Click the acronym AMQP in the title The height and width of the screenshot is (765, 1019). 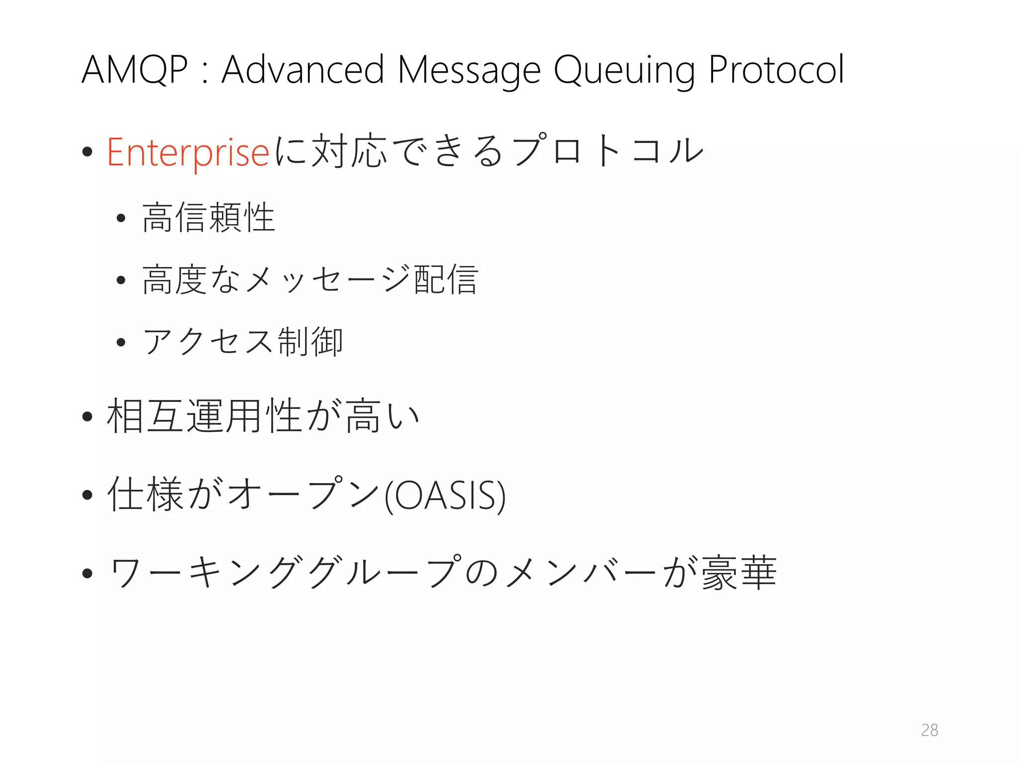[x=134, y=70]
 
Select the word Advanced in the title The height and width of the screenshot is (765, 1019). [x=303, y=70]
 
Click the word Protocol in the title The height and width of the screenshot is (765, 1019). [x=776, y=70]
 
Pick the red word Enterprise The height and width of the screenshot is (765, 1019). [x=188, y=152]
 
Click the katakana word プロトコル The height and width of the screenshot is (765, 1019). [x=609, y=150]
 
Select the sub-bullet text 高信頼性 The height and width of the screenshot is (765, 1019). [x=208, y=218]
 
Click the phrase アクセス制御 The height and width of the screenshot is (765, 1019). [x=243, y=342]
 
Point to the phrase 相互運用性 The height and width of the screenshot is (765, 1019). [x=204, y=416]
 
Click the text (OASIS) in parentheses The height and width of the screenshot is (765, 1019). [x=445, y=495]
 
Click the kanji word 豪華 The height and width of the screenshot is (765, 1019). [x=739, y=573]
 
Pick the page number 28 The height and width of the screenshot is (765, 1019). [x=929, y=730]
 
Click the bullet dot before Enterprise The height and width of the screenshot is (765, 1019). [x=88, y=151]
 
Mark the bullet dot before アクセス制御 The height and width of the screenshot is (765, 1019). [x=120, y=342]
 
